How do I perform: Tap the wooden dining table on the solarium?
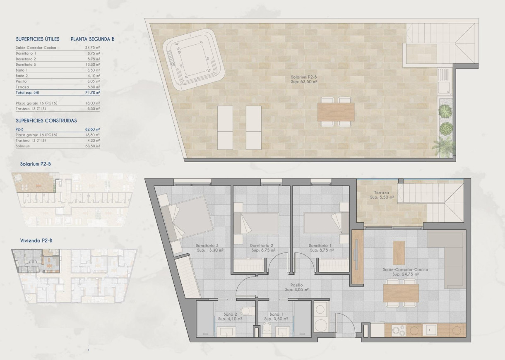click(x=336, y=111)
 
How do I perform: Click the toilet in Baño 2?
click(x=247, y=310)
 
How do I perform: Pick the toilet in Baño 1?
click(x=267, y=329)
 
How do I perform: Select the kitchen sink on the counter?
click(x=432, y=330)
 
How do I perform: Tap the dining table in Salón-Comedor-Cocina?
click(x=400, y=293)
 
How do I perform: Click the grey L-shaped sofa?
click(x=450, y=257)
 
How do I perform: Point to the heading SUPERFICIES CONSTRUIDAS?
click(x=46, y=121)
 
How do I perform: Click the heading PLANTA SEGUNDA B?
click(x=92, y=39)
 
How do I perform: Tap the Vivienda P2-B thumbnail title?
click(x=36, y=240)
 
